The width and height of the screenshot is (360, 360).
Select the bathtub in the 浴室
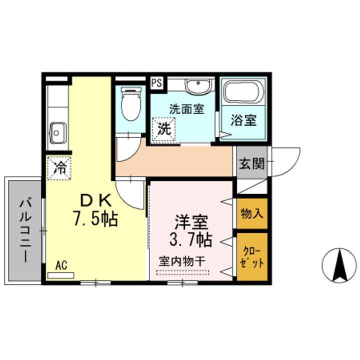[x=242, y=93]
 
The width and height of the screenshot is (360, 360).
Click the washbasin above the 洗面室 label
[x=198, y=86]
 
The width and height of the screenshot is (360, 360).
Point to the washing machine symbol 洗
[x=164, y=127]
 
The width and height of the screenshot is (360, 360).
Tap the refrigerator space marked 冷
[x=59, y=166]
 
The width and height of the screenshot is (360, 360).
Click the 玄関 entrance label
[x=251, y=163]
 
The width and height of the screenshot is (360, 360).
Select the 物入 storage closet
[x=251, y=213]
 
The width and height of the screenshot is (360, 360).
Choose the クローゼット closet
[x=251, y=256]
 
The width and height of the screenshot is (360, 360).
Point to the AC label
[x=61, y=265]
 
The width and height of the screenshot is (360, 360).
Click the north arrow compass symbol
[x=341, y=265]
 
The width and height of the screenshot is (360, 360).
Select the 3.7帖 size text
[x=191, y=239]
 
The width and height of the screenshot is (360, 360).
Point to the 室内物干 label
[x=181, y=261]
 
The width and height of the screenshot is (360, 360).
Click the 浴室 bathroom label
[x=243, y=120]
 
